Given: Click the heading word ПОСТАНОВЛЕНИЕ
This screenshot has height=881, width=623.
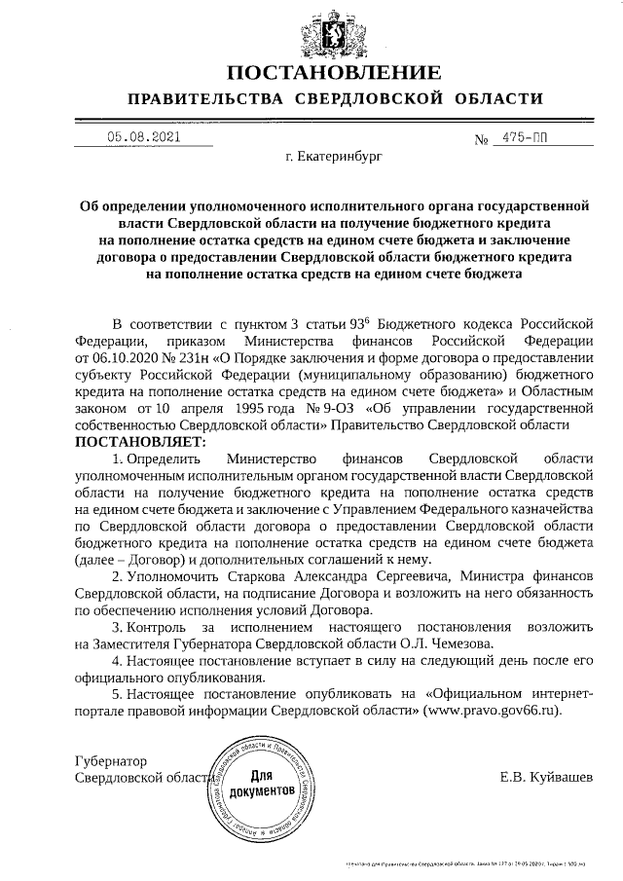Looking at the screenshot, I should tap(334, 72).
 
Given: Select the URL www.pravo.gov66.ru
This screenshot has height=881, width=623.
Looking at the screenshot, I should tap(491, 712).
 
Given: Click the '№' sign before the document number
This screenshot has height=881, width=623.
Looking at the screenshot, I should tap(481, 139).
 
